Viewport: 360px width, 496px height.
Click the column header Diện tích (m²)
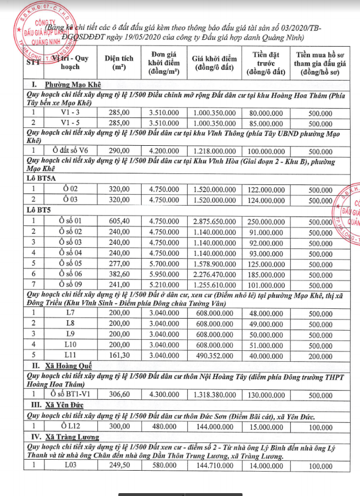[x=119, y=63]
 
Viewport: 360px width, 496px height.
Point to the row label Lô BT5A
[x=46, y=179]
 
